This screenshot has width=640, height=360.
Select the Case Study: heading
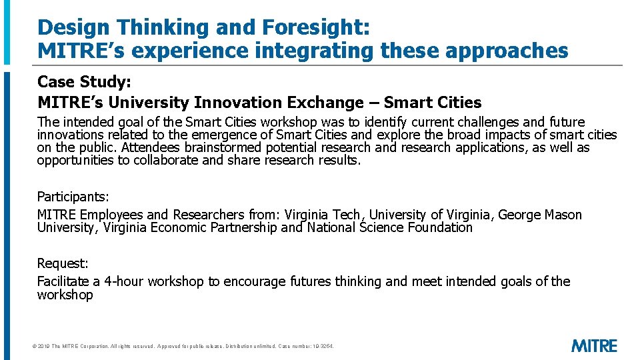(84, 82)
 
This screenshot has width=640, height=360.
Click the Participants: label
(73, 197)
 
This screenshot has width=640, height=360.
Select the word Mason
(563, 215)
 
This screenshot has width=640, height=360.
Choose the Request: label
(61, 263)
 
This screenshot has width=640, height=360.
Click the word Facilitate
(65, 281)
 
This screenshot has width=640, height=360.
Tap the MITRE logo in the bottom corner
(594, 345)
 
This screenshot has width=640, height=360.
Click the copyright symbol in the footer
(35, 347)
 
